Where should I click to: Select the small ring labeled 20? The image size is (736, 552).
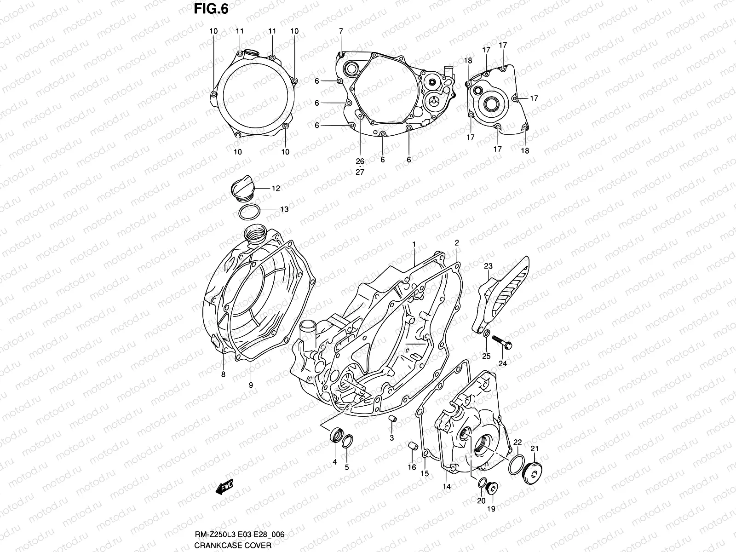481,483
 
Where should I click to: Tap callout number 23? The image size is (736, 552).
488,265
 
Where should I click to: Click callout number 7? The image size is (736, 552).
341,31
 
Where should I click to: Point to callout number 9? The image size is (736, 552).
251,386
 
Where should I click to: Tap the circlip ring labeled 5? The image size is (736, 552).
348,442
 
